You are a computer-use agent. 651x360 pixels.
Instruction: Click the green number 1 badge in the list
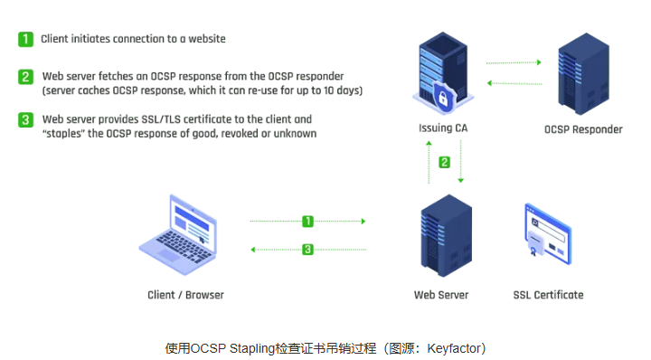pos(26,39)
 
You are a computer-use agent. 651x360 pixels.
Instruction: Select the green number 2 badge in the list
pos(26,77)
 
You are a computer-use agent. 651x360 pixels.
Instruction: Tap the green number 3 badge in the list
pos(26,119)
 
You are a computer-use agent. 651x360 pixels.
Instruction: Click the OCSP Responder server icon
pos(582,71)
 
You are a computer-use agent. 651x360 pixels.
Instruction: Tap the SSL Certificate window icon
pos(548,232)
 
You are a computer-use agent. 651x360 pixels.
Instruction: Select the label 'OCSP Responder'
pos(583,129)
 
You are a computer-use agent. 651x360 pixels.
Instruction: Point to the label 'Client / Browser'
pos(185,295)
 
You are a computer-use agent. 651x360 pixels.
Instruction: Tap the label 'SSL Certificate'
pos(548,295)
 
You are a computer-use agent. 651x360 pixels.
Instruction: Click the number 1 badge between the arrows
pos(307,221)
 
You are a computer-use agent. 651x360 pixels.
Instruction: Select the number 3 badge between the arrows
pos(307,249)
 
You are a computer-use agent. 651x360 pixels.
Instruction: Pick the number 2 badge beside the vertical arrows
pos(444,163)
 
